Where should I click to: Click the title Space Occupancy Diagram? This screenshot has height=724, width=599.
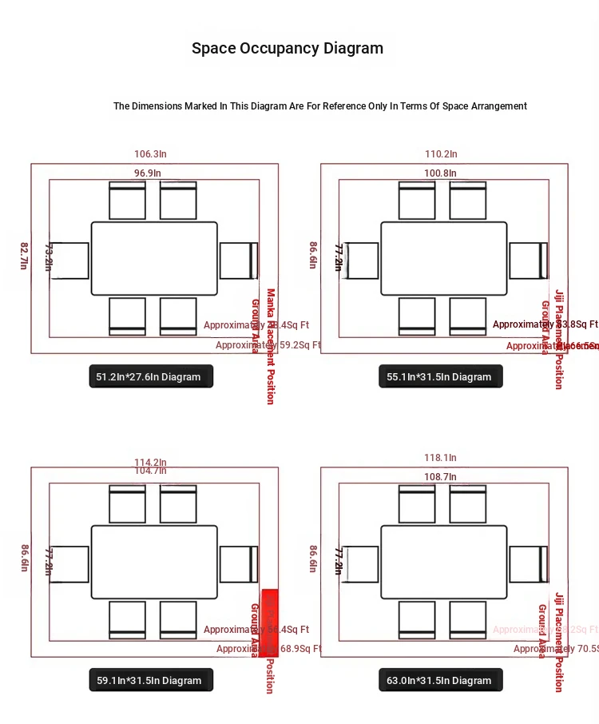click(x=288, y=48)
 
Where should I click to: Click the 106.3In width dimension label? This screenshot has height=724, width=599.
click(x=150, y=154)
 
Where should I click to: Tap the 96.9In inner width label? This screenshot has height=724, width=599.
click(x=147, y=173)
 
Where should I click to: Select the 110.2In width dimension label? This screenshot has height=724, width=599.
click(x=441, y=154)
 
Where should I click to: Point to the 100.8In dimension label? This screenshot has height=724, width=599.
click(x=440, y=173)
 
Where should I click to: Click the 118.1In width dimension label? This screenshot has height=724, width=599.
click(x=440, y=458)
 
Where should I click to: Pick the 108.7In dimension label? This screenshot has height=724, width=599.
click(x=440, y=477)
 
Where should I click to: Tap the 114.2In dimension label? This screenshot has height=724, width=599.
click(x=150, y=462)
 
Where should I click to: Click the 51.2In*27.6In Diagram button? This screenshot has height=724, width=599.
click(x=151, y=376)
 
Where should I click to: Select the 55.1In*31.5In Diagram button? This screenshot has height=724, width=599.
click(x=441, y=376)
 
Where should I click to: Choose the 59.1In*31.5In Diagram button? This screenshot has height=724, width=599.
click(x=151, y=680)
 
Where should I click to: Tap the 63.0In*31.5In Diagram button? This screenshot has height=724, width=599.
click(x=441, y=680)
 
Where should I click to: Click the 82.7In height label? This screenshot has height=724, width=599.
click(x=23, y=256)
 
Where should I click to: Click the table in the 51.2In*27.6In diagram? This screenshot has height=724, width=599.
click(x=154, y=259)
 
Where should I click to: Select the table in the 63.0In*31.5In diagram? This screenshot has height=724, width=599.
click(x=444, y=562)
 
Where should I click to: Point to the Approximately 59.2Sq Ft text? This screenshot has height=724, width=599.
click(x=267, y=345)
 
